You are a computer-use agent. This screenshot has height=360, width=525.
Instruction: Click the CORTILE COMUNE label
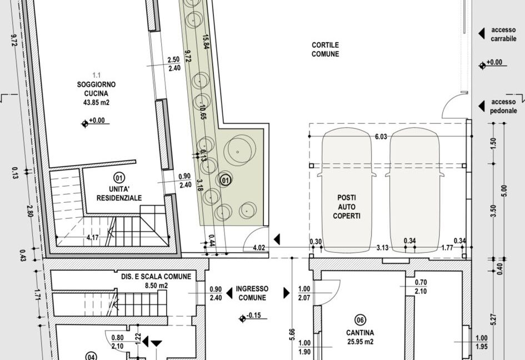(x=325, y=49)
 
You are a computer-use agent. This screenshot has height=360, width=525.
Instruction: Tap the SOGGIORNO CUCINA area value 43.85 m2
(x=96, y=102)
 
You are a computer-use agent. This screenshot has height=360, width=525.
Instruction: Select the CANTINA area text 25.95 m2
(x=360, y=342)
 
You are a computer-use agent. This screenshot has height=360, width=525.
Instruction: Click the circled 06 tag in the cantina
(x=360, y=320)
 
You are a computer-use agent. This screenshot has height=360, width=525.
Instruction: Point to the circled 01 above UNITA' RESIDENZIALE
(x=119, y=177)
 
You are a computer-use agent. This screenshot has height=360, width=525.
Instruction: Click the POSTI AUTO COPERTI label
(x=347, y=207)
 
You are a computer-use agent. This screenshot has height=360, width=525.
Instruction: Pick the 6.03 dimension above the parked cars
(x=381, y=137)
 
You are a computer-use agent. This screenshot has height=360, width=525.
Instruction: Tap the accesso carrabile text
(x=503, y=34)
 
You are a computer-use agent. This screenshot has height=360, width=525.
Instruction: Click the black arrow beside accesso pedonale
(x=482, y=106)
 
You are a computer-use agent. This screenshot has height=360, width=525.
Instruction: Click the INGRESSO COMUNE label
(x=252, y=293)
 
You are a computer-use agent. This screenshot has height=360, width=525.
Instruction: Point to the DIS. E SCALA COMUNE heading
(x=156, y=277)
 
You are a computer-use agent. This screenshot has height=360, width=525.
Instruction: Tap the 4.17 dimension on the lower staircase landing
(x=92, y=238)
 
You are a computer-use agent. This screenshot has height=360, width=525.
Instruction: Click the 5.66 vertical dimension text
(x=292, y=335)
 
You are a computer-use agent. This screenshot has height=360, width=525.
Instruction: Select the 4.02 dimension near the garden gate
(x=259, y=248)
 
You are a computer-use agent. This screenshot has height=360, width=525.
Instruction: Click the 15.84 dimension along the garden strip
(x=205, y=42)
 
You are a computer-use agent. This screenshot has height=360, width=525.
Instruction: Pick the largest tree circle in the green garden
(x=239, y=152)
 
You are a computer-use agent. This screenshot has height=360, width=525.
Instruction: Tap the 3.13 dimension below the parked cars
(x=382, y=248)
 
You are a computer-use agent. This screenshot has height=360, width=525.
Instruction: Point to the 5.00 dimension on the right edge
(x=504, y=191)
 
